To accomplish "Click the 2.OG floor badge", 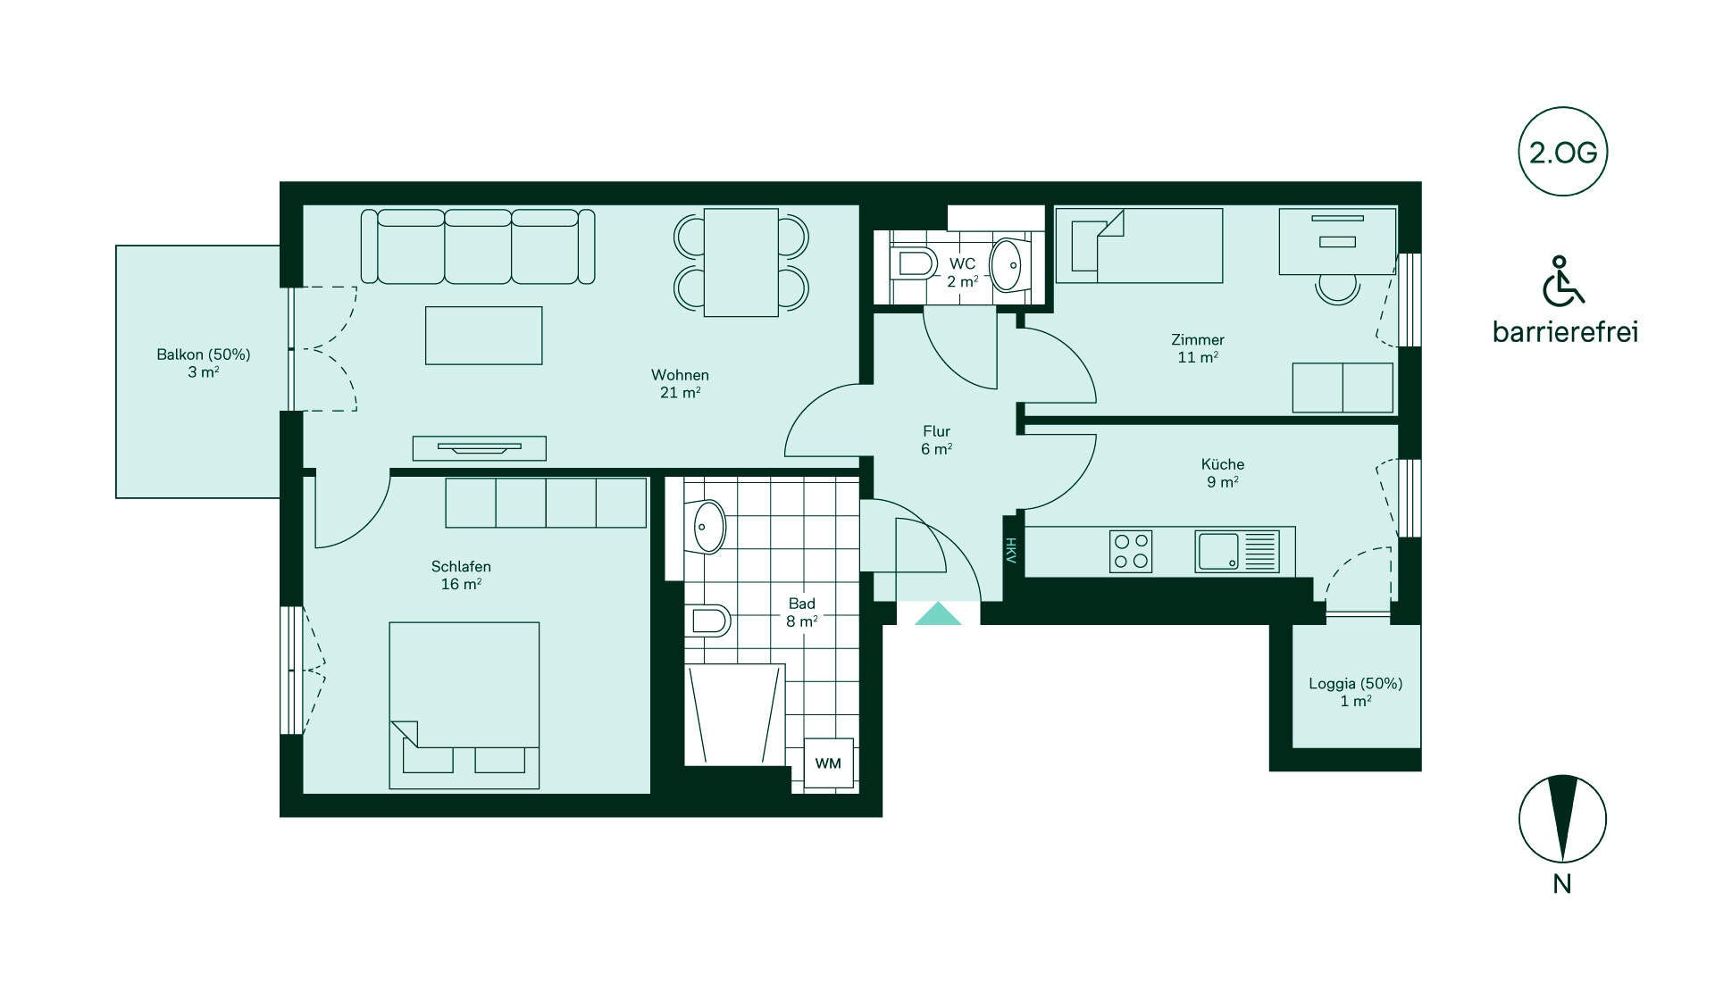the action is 1563,152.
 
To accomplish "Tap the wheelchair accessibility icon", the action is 1563,280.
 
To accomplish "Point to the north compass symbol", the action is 1562,819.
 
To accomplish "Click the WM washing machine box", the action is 828,762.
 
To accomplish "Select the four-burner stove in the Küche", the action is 1131,551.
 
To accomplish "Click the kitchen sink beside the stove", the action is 1237,551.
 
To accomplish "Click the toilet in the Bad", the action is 708,620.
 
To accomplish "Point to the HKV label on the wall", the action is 1011,550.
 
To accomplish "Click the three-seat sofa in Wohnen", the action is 478,246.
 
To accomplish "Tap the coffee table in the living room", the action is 483,335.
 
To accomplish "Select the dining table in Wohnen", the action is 740,262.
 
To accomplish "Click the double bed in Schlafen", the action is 464,705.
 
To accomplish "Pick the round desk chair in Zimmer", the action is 1337,288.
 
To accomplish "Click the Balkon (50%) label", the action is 203,354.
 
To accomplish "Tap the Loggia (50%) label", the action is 1355,684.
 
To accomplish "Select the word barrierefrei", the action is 1565,332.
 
